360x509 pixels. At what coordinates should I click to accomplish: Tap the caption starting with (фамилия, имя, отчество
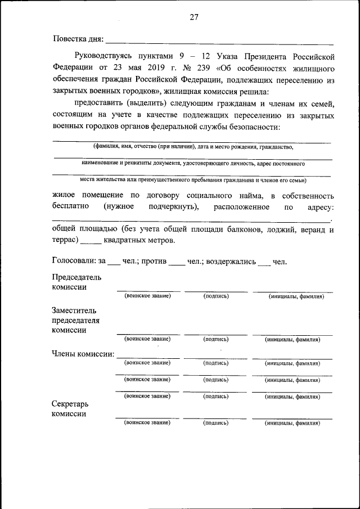tap(193, 146)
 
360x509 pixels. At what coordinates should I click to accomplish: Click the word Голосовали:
tap(74, 262)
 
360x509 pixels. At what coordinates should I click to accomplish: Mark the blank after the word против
tap(177, 263)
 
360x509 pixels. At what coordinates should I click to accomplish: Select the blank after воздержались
tap(264, 263)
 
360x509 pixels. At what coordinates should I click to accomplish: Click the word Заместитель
tap(74, 310)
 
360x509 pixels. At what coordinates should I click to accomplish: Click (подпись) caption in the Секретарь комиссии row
tap(215, 422)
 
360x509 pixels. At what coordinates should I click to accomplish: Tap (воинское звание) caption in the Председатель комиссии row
tap(147, 296)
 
